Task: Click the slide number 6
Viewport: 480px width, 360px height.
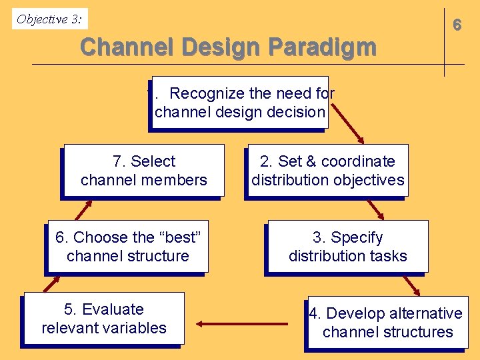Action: pos(457,25)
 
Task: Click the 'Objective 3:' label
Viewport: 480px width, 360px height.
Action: pos(50,19)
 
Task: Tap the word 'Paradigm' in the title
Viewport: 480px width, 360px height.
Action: pos(323,47)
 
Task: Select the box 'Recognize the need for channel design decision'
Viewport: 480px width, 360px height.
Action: pos(240,103)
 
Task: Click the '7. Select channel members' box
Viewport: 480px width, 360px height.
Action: pos(143,171)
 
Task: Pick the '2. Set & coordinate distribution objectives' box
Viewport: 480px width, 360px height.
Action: pos(327,171)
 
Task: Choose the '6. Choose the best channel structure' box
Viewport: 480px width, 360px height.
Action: pos(127,247)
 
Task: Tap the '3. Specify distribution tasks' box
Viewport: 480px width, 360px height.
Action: pos(347,247)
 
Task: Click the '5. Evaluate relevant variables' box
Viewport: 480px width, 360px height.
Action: pos(104,319)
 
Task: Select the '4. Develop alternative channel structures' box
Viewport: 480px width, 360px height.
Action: pos(387,323)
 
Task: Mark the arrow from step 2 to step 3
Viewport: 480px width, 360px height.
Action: pos(376,208)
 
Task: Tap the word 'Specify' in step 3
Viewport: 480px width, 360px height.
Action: pos(357,237)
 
